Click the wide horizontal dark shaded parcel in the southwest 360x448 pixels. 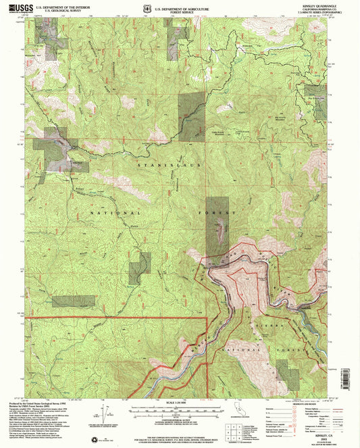73,301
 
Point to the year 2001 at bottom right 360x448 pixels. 317,432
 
